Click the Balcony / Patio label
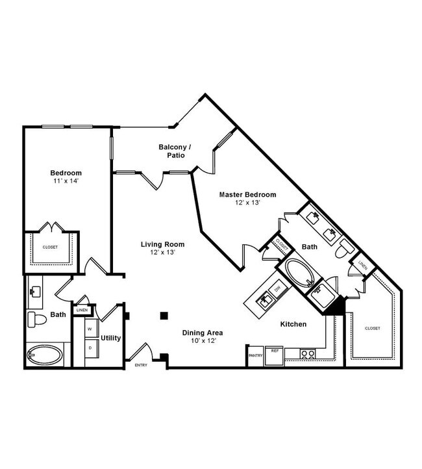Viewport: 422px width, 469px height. pyautogui.click(x=175, y=151)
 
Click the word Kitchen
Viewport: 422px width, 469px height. pyautogui.click(x=293, y=323)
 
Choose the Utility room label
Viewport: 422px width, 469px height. pyautogui.click(x=110, y=338)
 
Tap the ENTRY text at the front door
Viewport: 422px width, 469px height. pyautogui.click(x=141, y=365)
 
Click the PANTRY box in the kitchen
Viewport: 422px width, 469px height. pyautogui.click(x=254, y=356)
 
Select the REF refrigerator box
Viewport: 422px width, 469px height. pyautogui.click(x=275, y=351)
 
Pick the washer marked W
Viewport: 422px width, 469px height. pyautogui.click(x=90, y=329)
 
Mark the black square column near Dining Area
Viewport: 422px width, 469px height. pyautogui.click(x=164, y=316)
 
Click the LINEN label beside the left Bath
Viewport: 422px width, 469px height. pyautogui.click(x=82, y=310)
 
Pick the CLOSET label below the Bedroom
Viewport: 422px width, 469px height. pyautogui.click(x=50, y=247)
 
